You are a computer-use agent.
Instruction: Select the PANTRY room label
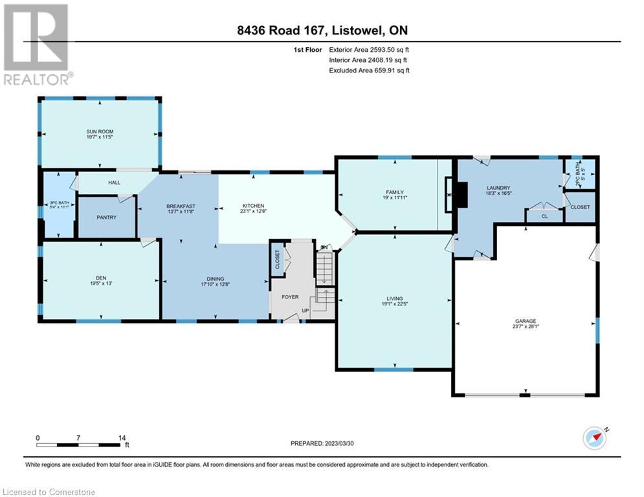[106, 217]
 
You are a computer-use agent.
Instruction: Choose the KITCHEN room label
[253, 206]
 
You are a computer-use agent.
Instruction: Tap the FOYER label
[289, 297]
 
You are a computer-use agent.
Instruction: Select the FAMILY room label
[395, 192]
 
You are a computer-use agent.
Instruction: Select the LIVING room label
[395, 298]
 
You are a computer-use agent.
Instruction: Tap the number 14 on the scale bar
[122, 438]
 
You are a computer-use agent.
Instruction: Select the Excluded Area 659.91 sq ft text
[369, 70]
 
